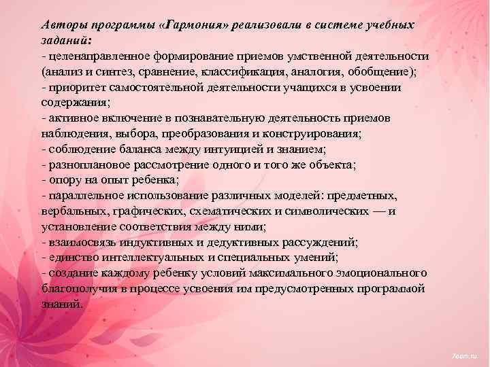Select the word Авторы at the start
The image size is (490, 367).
[x=62, y=24]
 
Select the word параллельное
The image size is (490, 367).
[x=81, y=196]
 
